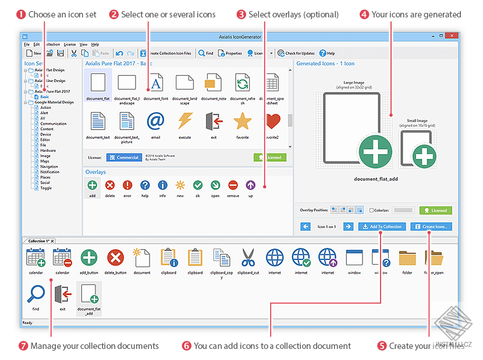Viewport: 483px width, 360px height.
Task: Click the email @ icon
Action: click(155, 121)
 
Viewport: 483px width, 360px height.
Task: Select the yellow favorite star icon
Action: click(242, 121)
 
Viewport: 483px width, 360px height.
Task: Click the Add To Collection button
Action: click(381, 226)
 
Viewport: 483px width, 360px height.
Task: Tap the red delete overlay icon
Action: click(110, 186)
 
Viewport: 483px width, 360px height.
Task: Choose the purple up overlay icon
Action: click(250, 186)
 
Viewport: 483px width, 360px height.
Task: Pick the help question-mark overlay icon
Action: click(145, 186)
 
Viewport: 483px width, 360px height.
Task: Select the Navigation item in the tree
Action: click(49, 167)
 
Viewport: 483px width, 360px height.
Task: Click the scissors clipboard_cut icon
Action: click(248, 258)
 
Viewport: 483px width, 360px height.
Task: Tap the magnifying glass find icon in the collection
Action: click(36, 294)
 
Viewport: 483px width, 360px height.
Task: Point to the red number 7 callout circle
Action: click(23, 346)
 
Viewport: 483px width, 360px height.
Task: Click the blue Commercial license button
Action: click(123, 157)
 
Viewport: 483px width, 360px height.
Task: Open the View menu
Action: click(83, 44)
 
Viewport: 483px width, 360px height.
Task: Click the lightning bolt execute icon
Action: click(185, 121)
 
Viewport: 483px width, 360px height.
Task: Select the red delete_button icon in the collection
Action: click(115, 258)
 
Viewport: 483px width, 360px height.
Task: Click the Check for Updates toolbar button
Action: click(296, 53)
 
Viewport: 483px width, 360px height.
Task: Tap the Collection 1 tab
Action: click(39, 241)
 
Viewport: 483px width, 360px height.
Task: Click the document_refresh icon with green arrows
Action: click(242, 83)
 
